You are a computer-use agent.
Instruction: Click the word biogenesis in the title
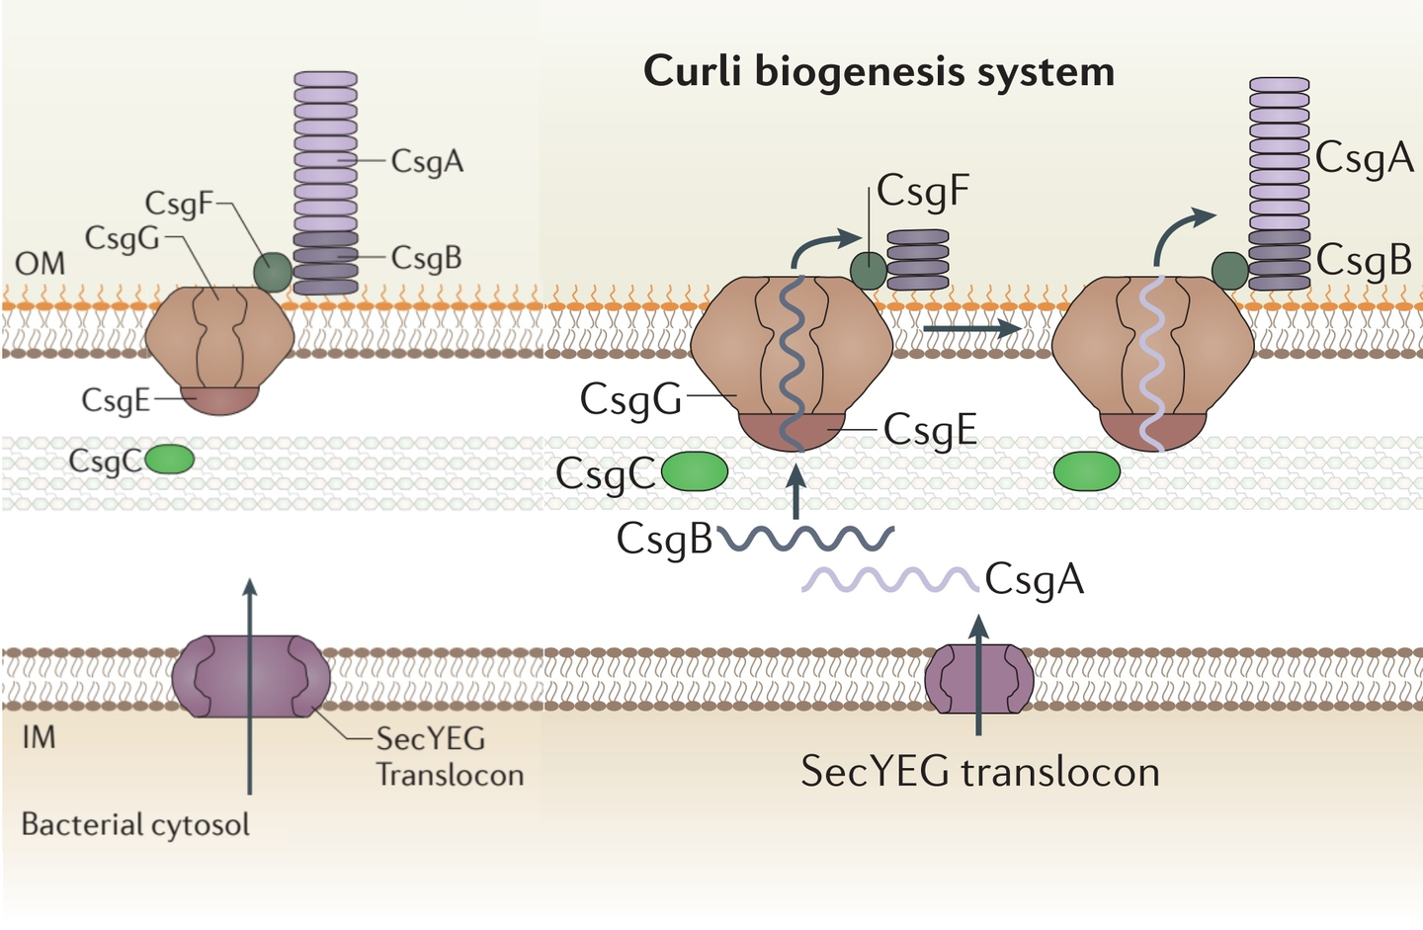(878, 72)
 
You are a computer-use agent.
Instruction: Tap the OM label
(41, 263)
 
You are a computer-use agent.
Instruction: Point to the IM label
(39, 737)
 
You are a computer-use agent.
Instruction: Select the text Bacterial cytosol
(135, 824)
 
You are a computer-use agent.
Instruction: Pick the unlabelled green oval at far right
(1086, 471)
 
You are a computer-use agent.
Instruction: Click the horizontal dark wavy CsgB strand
(806, 538)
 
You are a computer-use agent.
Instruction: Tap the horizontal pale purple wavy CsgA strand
(889, 579)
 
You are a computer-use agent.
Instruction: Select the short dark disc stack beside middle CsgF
(917, 260)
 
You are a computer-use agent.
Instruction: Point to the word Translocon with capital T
(450, 774)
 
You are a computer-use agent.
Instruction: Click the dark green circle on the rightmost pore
(1229, 270)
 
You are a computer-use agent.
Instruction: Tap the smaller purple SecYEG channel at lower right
(978, 679)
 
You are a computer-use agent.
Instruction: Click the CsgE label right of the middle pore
(930, 430)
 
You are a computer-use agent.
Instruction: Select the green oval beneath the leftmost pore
(170, 460)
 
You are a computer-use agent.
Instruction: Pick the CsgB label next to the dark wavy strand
(664, 540)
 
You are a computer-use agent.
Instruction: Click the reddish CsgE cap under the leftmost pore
(219, 399)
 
